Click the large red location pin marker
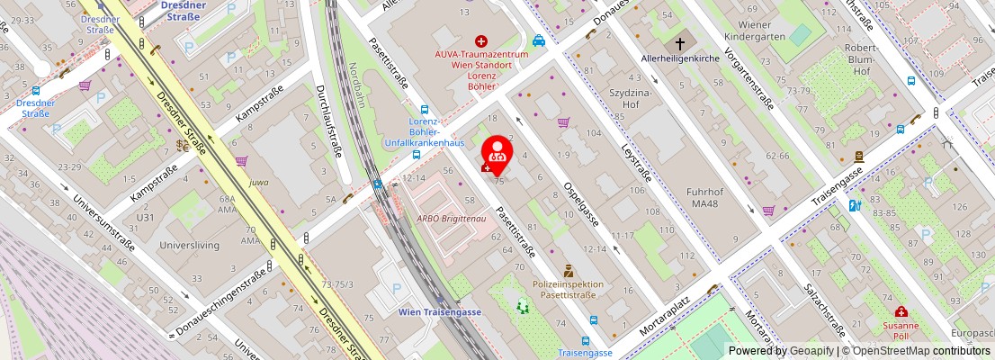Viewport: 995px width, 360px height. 497,152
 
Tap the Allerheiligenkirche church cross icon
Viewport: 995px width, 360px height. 680,43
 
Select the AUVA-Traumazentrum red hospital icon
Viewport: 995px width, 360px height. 481,40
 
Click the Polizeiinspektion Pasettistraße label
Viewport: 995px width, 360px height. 568,290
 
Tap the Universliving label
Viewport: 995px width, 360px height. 191,244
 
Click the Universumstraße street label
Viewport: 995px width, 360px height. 103,222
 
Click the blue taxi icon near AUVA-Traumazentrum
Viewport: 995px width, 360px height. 538,40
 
